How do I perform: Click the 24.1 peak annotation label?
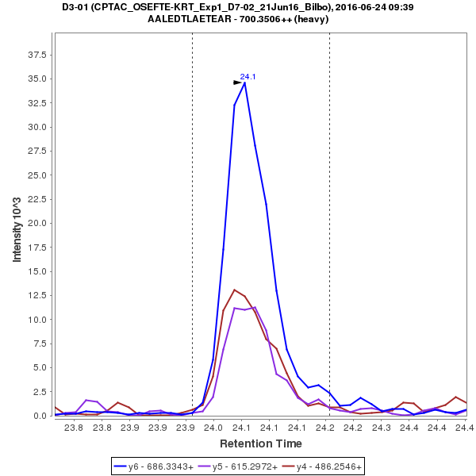pos(248,77)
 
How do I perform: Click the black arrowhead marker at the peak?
pos(237,83)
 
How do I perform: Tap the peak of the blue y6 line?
pos(245,83)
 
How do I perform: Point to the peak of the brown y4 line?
pos(234,290)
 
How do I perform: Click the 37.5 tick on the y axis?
pos(36,55)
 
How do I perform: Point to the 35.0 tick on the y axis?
pos(36,79)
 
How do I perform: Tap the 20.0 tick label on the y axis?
pos(36,223)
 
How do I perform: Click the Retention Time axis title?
pos(260,443)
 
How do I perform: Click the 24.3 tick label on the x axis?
pos(382,428)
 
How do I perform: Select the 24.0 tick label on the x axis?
pos(213,428)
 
